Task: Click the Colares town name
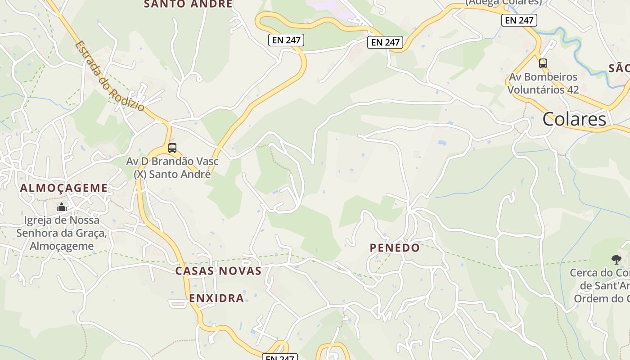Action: (574, 119)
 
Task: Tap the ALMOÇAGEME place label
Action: (63, 188)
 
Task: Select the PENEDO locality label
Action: (395, 247)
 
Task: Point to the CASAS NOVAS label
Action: (218, 271)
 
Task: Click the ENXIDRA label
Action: (216, 298)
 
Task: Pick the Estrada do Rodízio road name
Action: (110, 76)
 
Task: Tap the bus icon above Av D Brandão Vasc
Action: (172, 148)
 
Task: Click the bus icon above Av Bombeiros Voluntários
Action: (543, 63)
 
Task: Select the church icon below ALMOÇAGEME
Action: (62, 207)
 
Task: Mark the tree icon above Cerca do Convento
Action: (616, 259)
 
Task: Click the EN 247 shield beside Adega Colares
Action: (519, 20)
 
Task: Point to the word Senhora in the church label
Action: (39, 233)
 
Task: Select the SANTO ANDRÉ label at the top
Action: (188, 4)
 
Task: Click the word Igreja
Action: (39, 220)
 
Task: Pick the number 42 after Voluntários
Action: (572, 90)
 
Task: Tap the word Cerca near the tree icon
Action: (584, 273)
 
